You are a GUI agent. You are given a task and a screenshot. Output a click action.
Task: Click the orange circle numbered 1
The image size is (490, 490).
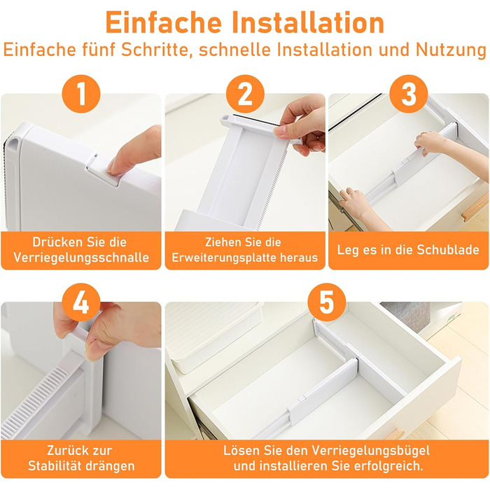[81, 94]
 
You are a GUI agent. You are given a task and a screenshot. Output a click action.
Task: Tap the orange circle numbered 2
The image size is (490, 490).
[245, 94]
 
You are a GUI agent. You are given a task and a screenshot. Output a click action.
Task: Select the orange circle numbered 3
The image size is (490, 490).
[409, 94]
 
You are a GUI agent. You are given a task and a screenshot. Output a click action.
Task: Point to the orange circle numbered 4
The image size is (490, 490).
[81, 302]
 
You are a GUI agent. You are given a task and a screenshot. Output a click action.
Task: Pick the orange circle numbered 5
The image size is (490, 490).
[327, 302]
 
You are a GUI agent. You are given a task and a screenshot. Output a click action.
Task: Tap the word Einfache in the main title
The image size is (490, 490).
[163, 22]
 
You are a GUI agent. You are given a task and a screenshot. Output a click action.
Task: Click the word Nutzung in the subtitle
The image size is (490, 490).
[451, 50]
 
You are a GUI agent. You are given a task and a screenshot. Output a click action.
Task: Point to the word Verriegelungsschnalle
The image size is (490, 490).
[81, 258]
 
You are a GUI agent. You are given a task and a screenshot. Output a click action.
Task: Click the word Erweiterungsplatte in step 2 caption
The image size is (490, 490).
[223, 258]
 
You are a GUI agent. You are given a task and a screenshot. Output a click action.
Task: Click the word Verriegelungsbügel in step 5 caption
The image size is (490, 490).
[370, 451]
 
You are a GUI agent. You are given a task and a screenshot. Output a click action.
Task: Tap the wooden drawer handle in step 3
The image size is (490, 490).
[475, 208]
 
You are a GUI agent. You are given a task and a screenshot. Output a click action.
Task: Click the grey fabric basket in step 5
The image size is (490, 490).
[406, 316]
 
